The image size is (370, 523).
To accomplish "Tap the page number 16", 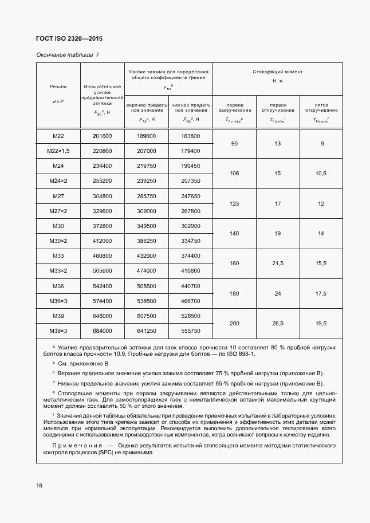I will click(39, 485).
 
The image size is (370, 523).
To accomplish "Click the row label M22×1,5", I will click(58, 151).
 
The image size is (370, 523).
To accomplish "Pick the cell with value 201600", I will click(102, 136).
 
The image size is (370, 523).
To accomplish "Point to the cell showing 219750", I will click(147, 166).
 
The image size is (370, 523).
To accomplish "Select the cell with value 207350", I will click(190, 181).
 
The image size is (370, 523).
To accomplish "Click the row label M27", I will click(58, 196).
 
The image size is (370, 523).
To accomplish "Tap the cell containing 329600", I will click(102, 211).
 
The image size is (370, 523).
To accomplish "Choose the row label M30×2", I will click(58, 241).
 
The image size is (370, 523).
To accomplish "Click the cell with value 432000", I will click(147, 255).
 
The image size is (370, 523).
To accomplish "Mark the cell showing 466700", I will click(190, 300).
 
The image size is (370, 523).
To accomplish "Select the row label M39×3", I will click(58, 331).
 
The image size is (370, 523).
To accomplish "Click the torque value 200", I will click(234, 323).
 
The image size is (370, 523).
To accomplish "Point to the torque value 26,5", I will click(278, 323).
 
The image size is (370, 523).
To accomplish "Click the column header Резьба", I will click(58, 86).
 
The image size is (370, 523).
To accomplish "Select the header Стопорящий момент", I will click(277, 72).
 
